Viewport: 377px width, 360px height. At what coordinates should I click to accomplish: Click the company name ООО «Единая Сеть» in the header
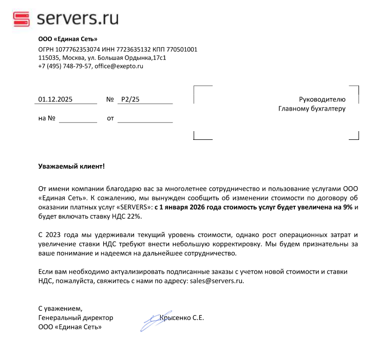[x=68, y=39]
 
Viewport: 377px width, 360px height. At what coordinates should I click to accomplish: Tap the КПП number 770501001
[x=181, y=49]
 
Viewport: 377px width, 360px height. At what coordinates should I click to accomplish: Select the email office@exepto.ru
[x=119, y=66]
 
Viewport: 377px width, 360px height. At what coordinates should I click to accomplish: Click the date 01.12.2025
[x=55, y=99]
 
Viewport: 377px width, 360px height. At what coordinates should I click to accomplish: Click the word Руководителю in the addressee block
[x=322, y=99]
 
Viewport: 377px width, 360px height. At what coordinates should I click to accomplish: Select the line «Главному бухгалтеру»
[x=312, y=109]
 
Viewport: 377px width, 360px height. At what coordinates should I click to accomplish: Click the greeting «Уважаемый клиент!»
[x=71, y=166]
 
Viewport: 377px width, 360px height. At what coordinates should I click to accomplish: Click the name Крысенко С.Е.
[x=182, y=318]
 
